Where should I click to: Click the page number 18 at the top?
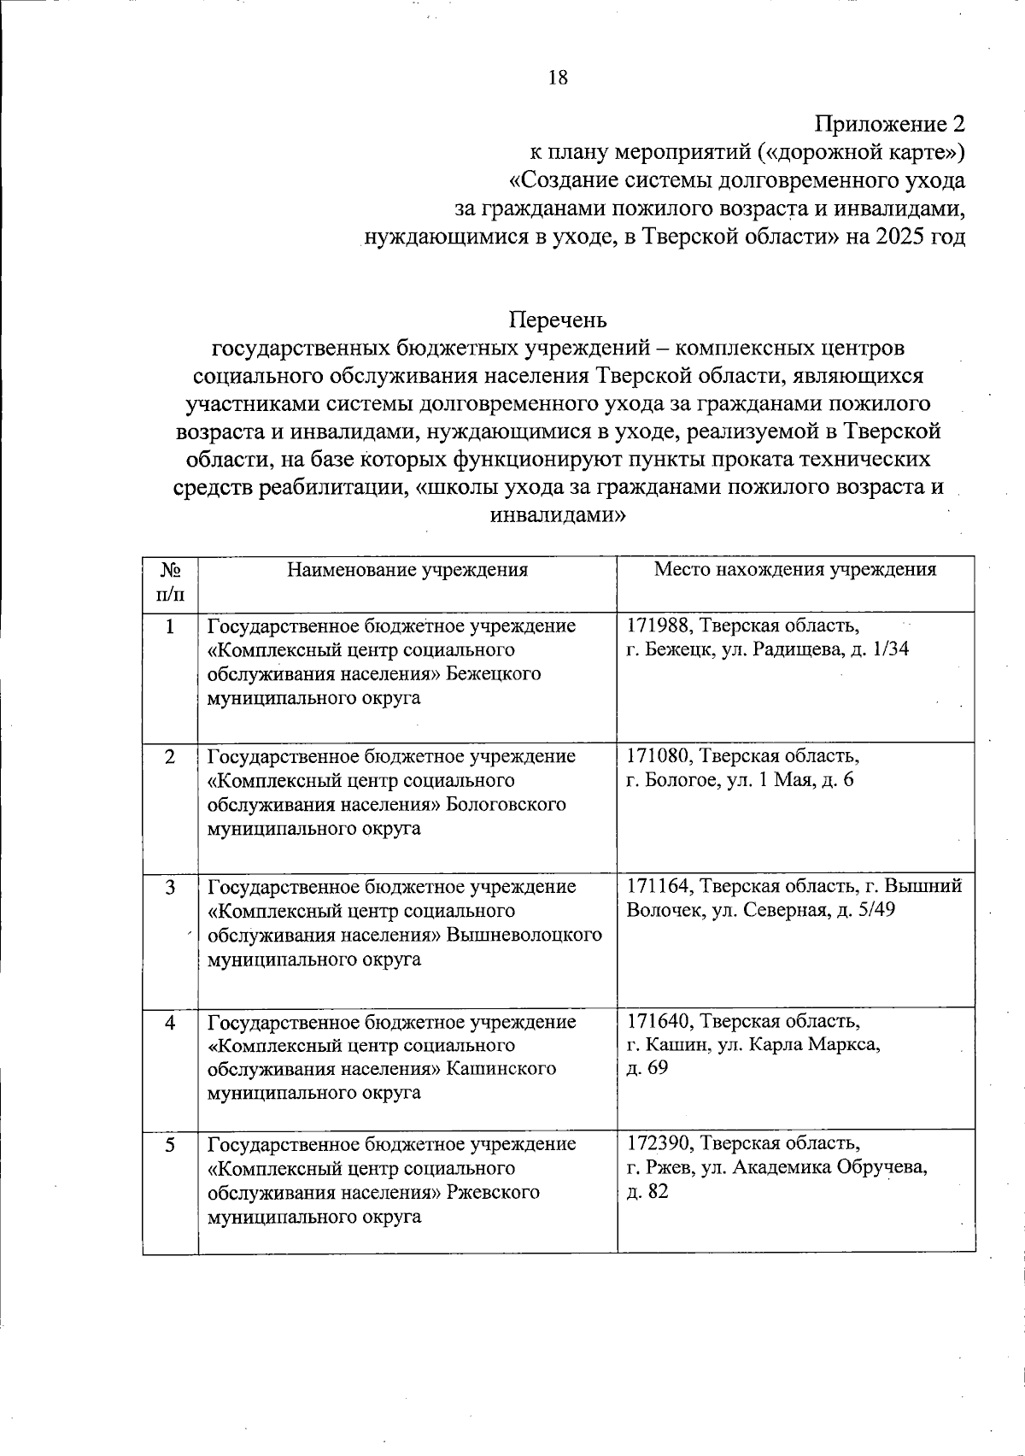557,78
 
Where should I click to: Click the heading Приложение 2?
889,124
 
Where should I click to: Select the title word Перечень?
558,320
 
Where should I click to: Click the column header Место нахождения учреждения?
794,570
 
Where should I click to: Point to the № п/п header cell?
171,581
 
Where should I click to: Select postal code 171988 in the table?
659,625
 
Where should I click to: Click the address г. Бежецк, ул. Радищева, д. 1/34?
767,649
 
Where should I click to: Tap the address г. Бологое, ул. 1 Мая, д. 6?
740,780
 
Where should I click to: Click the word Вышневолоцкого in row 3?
524,935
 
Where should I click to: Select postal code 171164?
659,887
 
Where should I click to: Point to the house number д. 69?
647,1068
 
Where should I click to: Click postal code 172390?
659,1143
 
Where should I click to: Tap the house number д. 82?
647,1191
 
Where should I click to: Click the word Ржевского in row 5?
493,1192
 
